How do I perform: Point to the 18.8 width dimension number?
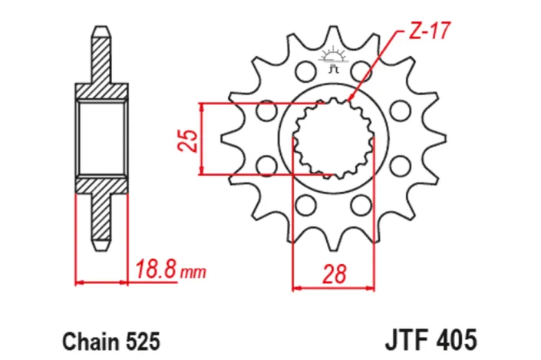point(157,269)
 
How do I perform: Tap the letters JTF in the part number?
point(407,338)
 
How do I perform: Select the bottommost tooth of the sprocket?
point(335,246)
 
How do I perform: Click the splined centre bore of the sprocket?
point(334,138)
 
